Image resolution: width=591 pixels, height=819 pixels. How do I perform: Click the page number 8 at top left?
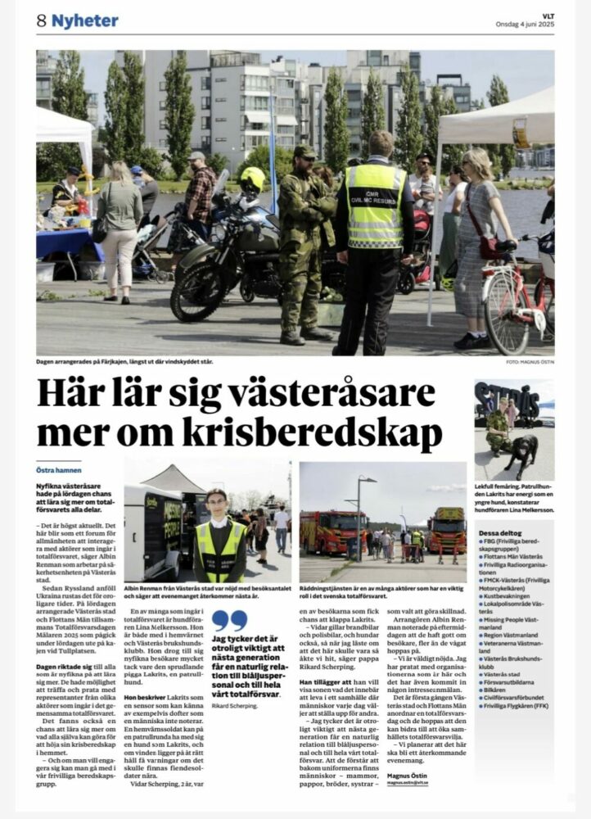point(41,21)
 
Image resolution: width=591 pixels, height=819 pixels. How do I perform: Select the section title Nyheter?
point(85,21)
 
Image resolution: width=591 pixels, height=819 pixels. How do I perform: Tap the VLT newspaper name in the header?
point(546,14)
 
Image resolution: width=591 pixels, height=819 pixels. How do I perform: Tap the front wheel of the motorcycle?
point(197,292)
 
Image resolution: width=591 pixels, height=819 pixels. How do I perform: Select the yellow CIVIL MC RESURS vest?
point(376,205)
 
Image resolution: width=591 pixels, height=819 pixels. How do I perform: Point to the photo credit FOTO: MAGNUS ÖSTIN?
point(530,362)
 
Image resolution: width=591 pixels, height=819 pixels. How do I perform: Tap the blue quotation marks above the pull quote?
point(228,620)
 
